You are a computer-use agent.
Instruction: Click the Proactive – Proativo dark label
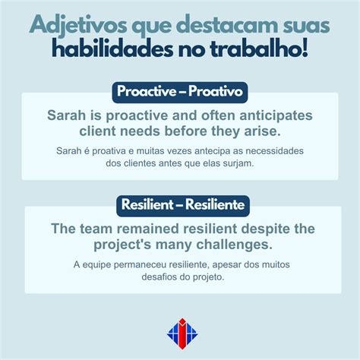pos(179,93)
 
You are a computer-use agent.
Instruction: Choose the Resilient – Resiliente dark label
pos(179,204)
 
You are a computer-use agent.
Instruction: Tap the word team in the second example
pos(103,229)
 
